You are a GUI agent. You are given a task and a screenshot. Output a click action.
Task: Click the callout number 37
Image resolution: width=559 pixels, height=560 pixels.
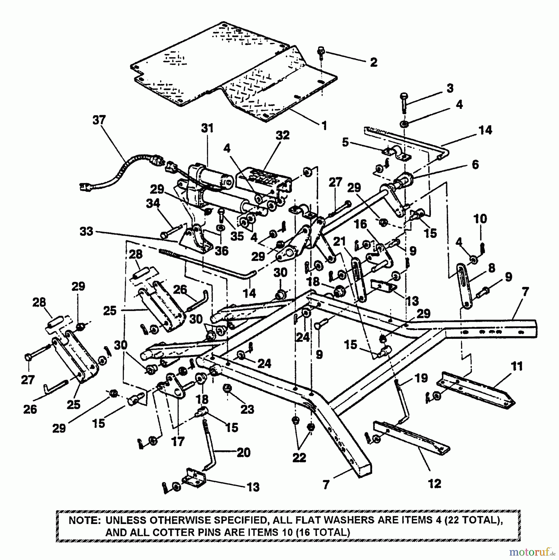point(99,120)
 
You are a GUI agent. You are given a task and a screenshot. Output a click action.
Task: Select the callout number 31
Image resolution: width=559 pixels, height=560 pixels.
point(207,128)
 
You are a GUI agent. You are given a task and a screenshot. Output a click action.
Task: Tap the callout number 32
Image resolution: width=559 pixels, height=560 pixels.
point(282,135)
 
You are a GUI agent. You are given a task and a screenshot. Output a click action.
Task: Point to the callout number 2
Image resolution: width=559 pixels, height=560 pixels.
point(373,62)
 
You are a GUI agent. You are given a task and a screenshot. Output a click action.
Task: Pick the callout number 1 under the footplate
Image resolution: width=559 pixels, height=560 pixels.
point(324,126)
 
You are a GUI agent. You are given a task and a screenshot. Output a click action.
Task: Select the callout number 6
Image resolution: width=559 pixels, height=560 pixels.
point(475,164)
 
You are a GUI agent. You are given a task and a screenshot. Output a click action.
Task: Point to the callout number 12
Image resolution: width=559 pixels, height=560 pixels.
point(434,483)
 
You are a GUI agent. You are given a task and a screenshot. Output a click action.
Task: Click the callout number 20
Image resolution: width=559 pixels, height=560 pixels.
point(243,452)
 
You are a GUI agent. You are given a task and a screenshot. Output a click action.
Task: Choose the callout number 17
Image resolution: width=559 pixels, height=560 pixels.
point(178,441)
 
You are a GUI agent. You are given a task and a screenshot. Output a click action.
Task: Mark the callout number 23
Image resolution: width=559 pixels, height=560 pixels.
point(247,409)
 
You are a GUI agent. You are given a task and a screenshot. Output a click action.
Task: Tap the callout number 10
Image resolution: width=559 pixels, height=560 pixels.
point(480,219)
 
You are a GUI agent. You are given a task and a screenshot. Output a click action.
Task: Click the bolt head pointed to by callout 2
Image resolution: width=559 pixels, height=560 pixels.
point(321,50)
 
